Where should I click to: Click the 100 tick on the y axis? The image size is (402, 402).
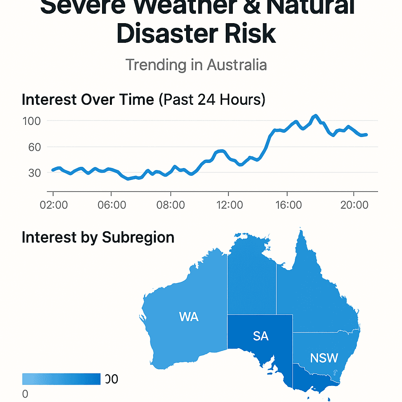coord(32,121)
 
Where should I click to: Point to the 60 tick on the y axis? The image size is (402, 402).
coord(32,147)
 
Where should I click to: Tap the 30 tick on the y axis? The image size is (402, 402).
coord(32,173)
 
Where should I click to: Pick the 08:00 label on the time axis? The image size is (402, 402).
coord(171,205)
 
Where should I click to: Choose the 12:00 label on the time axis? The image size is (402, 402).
coord(230,205)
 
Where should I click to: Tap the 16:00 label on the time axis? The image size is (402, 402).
coord(288,205)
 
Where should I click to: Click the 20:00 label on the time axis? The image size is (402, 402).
coord(354,205)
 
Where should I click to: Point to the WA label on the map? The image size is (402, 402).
coord(188,317)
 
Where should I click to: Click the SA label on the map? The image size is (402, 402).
coord(261,336)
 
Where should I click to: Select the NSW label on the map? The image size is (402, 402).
coord(324,358)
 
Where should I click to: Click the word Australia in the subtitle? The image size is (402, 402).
coord(237,65)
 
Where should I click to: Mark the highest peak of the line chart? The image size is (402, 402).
coord(315,116)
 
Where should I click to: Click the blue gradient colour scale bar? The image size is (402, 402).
coord(61,379)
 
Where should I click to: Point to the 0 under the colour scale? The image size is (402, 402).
coord(25,394)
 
